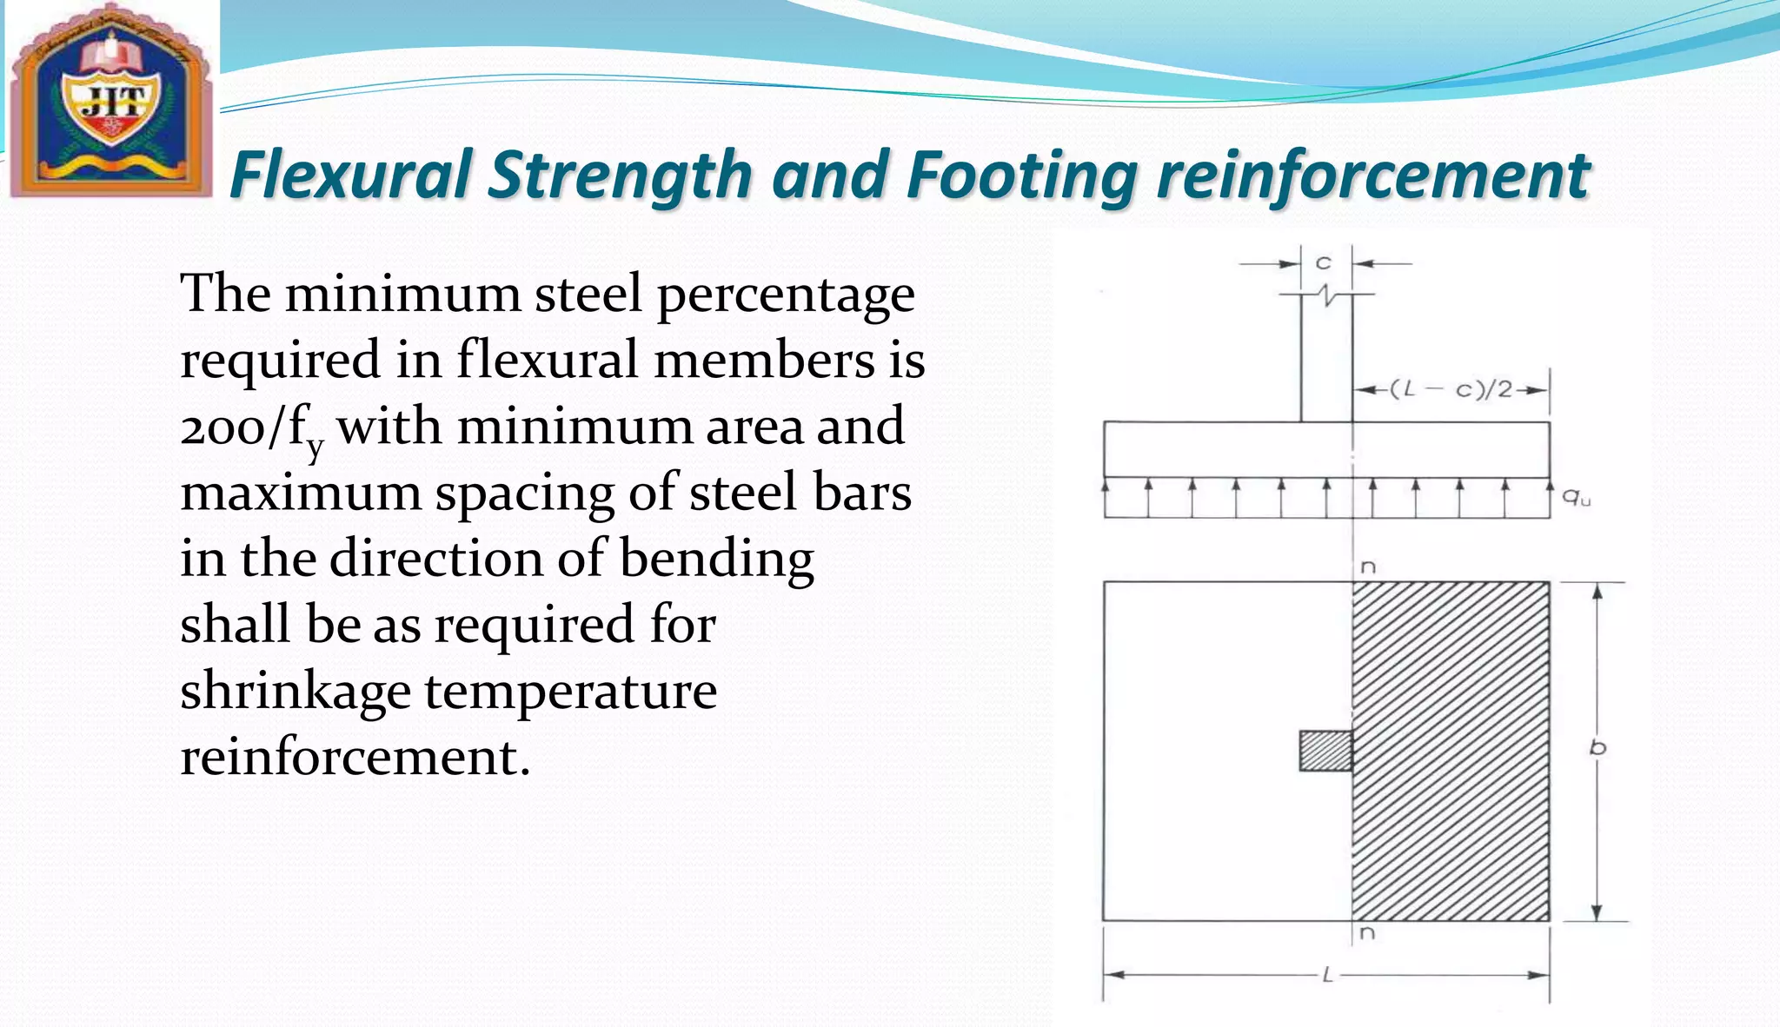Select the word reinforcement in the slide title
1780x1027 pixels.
tap(1373, 176)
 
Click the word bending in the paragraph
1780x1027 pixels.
tap(716, 559)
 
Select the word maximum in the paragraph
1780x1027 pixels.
tap(300, 493)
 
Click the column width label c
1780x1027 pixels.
tap(1324, 262)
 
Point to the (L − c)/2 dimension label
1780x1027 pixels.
tap(1451, 389)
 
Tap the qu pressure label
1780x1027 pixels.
tap(1576, 497)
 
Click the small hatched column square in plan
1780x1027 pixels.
tap(1325, 751)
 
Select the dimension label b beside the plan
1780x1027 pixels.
tap(1597, 747)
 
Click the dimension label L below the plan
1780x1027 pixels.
tap(1327, 976)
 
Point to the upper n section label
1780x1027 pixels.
tap(1367, 567)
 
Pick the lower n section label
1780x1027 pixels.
tap(1367, 934)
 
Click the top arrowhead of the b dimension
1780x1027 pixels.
tap(1597, 592)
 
